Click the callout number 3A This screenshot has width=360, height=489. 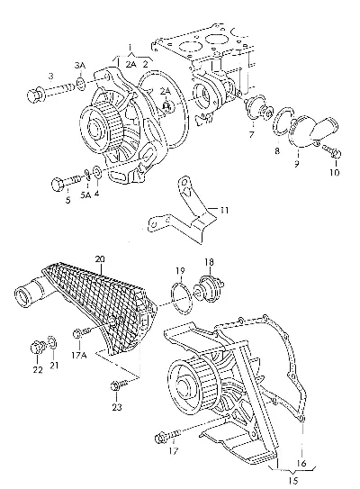click(80, 66)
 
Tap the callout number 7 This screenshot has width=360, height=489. click(251, 134)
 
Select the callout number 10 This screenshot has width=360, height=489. click(335, 172)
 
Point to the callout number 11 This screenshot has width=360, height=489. click(224, 211)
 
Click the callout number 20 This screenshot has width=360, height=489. click(100, 259)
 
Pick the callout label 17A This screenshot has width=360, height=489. click(79, 355)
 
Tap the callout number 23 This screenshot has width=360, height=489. click(117, 407)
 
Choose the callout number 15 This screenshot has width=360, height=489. click(293, 481)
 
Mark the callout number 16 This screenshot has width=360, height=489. click(301, 464)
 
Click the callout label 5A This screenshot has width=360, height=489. click(85, 195)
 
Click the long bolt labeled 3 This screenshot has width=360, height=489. click(51, 93)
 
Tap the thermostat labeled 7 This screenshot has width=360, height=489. click(258, 108)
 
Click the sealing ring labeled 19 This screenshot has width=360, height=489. click(182, 298)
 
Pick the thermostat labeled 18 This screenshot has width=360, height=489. click(208, 287)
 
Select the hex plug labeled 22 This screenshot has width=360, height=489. click(37, 348)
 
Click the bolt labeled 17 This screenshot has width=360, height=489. click(168, 436)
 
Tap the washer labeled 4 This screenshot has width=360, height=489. click(96, 172)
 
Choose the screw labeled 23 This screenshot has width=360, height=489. click(120, 385)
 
